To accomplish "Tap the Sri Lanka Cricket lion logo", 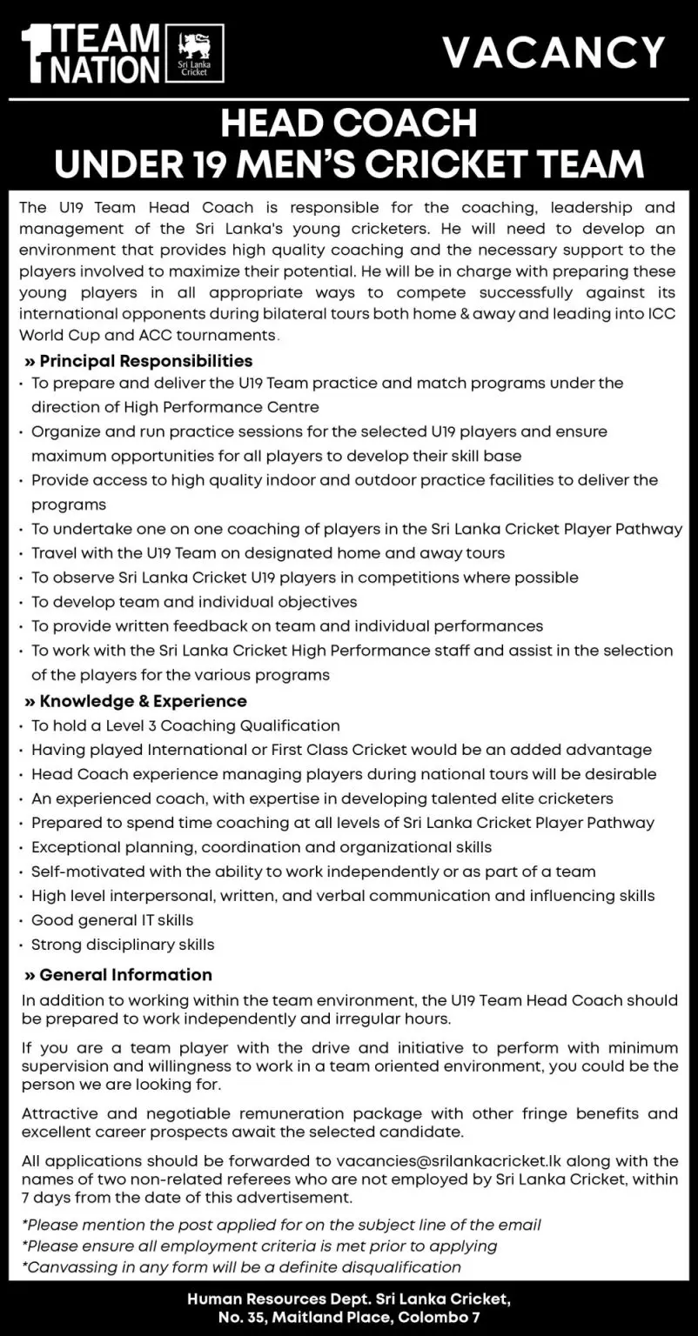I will (199, 53).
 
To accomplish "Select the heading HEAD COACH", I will (348, 124).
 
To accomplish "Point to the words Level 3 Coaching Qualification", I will (218, 725).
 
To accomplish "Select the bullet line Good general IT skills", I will (112, 919).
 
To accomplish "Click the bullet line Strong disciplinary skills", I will (123, 944).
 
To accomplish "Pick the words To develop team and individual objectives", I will (194, 601).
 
